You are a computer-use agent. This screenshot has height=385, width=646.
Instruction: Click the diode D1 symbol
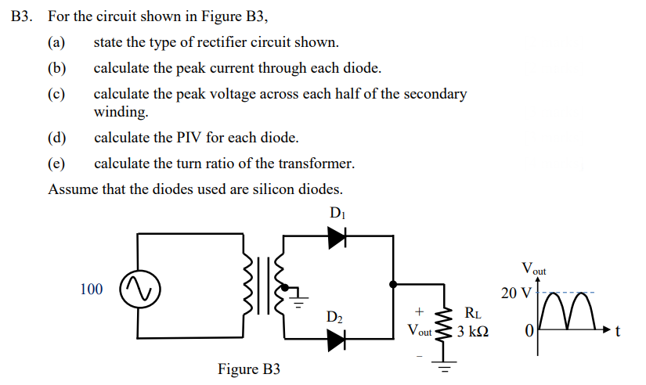tap(337, 234)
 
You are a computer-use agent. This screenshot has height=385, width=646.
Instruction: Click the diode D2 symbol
tap(337, 339)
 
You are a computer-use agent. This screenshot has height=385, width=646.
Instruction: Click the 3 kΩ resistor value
tap(474, 331)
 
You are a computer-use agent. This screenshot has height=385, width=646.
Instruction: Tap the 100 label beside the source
tap(91, 290)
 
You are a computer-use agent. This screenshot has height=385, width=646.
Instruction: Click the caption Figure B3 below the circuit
tap(248, 369)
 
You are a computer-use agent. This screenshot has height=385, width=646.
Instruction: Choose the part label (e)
tap(57, 164)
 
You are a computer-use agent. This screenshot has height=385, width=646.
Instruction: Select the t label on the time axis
tap(619, 332)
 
